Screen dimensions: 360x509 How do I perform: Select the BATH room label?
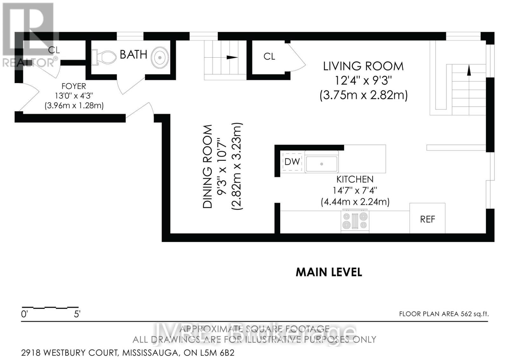point(133,54)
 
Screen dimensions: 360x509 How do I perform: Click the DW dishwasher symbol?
point(292,162)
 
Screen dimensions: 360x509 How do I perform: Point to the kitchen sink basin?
point(321,164)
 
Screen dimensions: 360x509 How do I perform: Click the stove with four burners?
point(355,221)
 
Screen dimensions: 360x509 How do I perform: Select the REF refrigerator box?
point(427,219)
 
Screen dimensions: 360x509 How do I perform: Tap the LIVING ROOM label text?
point(363,66)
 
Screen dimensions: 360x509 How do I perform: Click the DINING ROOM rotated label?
point(208,166)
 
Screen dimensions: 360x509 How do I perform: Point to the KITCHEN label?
point(355,179)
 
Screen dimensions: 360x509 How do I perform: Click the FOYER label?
point(73,86)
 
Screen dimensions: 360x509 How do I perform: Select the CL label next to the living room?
point(269,56)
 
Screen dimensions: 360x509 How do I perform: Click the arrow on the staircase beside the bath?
point(232,57)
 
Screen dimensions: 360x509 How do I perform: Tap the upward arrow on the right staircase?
point(468,71)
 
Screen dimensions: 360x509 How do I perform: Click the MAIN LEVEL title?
point(329,272)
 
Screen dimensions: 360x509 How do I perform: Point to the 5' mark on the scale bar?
point(77,314)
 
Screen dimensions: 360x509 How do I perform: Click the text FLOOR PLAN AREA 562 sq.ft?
point(444,314)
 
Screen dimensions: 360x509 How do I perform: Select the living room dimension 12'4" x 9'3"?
point(363,81)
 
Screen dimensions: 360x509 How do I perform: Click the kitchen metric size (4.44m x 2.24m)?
point(355,202)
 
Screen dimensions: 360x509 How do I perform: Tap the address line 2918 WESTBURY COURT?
point(127,353)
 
